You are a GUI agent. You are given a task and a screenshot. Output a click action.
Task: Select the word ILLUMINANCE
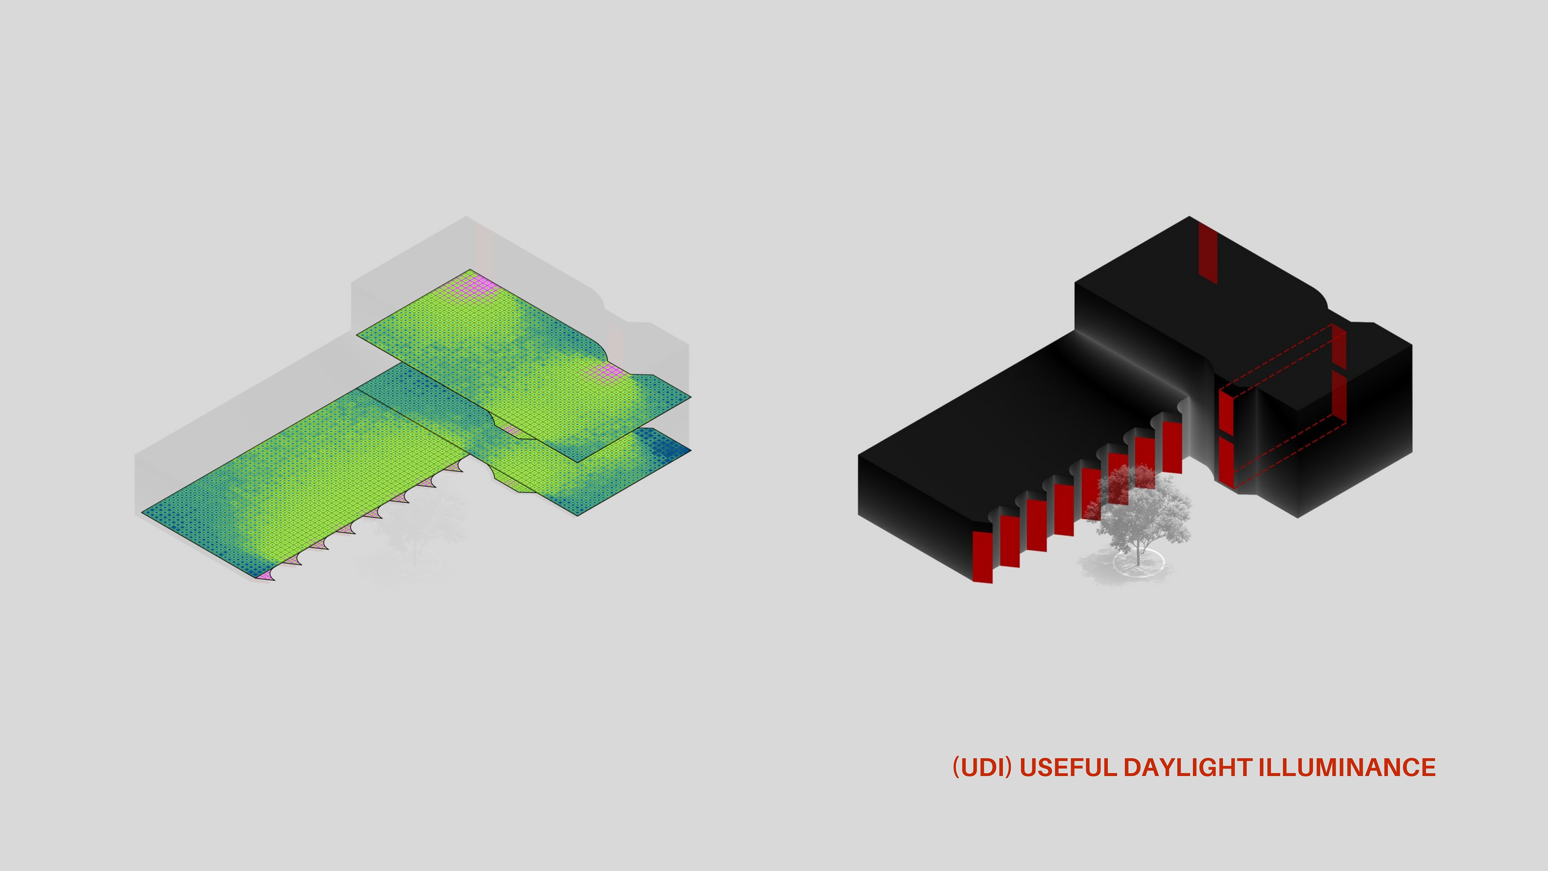click(1347, 768)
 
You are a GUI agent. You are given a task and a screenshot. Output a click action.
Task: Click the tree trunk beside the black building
click(1138, 550)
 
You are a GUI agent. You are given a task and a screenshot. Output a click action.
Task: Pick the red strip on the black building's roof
click(1208, 252)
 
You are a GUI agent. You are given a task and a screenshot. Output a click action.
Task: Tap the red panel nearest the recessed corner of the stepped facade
click(1172, 447)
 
